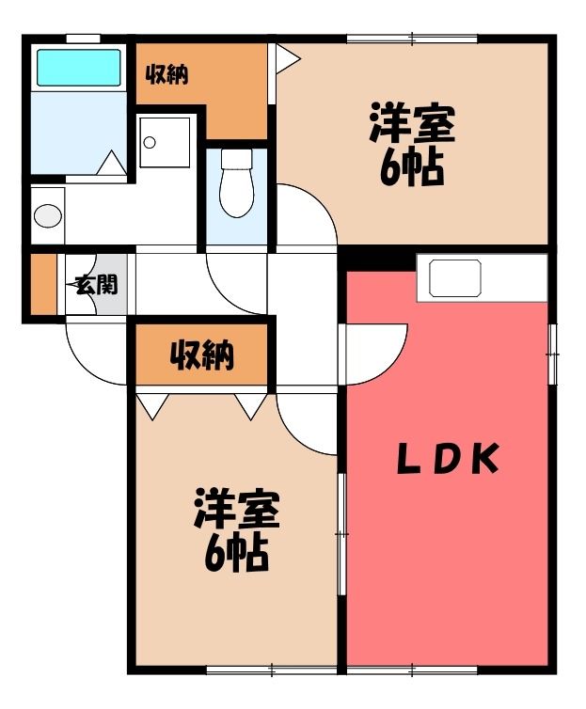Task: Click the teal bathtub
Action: pyautogui.click(x=79, y=68)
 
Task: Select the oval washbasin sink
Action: pyautogui.click(x=48, y=215)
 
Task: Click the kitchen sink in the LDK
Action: pyautogui.click(x=455, y=278)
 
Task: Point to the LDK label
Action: pyautogui.click(x=448, y=459)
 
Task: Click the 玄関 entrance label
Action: pyautogui.click(x=97, y=285)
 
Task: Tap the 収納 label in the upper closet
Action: pyautogui.click(x=166, y=74)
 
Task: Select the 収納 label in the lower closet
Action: pyautogui.click(x=201, y=354)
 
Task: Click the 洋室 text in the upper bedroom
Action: pyautogui.click(x=412, y=122)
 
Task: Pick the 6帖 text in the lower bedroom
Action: pyautogui.click(x=236, y=555)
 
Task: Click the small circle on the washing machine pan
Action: pyautogui.click(x=150, y=143)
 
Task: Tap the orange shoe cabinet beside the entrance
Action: pyautogui.click(x=43, y=284)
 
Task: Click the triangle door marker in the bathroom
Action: pyautogui.click(x=112, y=164)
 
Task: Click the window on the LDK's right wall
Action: pyautogui.click(x=552, y=354)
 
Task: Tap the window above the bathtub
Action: pyautogui.click(x=83, y=39)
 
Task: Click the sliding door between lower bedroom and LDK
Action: pyautogui.click(x=342, y=534)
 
